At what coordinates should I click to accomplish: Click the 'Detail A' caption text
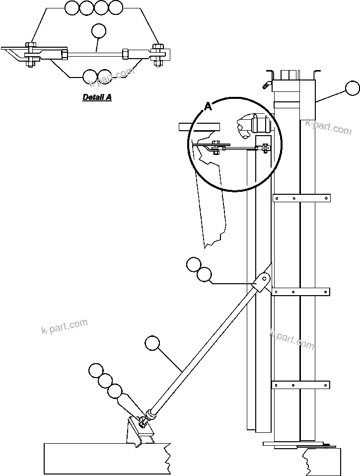pos(97,97)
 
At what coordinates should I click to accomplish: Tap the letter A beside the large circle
pos(208,105)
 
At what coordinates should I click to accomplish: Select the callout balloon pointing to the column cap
pos(353,88)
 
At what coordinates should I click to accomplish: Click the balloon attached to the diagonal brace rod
pos(152,343)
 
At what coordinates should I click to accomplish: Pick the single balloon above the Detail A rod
pos(99,31)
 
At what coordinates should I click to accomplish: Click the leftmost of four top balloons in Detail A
pos(72,7)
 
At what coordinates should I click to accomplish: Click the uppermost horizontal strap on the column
pos(301,198)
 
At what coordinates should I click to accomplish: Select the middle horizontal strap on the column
pos(301,292)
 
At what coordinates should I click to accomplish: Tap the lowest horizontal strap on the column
pos(301,384)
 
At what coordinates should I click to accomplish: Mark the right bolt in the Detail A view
pos(159,54)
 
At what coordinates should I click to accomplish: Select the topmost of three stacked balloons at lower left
pos(96,371)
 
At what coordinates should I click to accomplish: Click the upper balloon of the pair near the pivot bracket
pos(194,264)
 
